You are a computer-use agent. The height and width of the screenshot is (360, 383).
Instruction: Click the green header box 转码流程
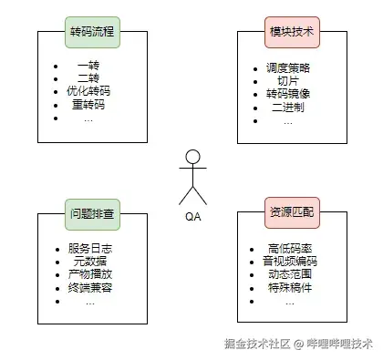pyautogui.click(x=92, y=32)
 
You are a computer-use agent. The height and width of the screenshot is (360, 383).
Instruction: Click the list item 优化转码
pyautogui.click(x=88, y=92)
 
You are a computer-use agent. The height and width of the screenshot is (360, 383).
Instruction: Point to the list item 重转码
pyautogui.click(x=88, y=105)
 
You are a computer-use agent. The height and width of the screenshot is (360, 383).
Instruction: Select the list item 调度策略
pyautogui.click(x=288, y=67)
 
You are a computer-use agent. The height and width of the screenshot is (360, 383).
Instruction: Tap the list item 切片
pyautogui.click(x=288, y=80)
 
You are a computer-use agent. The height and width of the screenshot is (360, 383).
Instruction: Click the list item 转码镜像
pyautogui.click(x=288, y=93)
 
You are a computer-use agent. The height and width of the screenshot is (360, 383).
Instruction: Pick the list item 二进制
pyautogui.click(x=288, y=106)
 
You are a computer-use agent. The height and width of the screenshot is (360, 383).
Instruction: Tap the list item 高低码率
pyautogui.click(x=288, y=249)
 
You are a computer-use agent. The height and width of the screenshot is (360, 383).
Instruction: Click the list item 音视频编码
pyautogui.click(x=288, y=262)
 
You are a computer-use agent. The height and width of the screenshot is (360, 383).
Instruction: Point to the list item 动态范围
pyautogui.click(x=288, y=274)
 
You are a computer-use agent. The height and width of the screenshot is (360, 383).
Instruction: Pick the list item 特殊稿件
pyautogui.click(x=288, y=288)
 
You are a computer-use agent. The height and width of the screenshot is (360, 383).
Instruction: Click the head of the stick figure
pyautogui.click(x=191, y=156)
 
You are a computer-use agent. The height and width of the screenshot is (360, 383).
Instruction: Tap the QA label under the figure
pyautogui.click(x=191, y=216)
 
